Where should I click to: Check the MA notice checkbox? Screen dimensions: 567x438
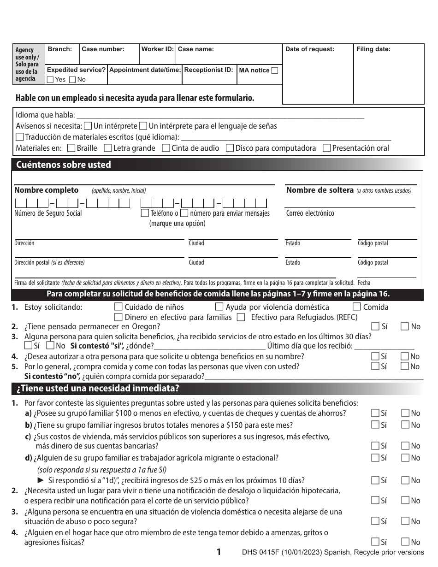275,71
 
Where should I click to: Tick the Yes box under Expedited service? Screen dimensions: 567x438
50,79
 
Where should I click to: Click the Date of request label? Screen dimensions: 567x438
310,49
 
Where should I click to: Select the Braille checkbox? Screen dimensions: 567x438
71,148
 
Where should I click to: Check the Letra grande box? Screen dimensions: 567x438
108,148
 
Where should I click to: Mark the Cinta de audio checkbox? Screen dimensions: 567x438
166,148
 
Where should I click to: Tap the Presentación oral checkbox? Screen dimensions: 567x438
326,148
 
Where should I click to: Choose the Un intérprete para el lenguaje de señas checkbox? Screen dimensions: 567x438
143,125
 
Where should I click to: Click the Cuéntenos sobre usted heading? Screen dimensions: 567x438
64,165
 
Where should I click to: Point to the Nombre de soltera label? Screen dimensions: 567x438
320,190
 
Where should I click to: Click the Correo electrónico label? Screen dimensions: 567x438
310,213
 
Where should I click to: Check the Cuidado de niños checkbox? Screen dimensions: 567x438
118,307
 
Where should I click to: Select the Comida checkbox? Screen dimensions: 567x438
356,307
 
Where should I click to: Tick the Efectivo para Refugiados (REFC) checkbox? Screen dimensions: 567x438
241,317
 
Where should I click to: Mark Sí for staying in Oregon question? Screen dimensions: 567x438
375,326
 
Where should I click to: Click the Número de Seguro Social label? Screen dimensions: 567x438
48,213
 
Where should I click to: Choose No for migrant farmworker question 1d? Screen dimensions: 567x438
405,458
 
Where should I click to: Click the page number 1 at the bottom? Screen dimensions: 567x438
219,552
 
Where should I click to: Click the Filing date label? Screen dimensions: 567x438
373,49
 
